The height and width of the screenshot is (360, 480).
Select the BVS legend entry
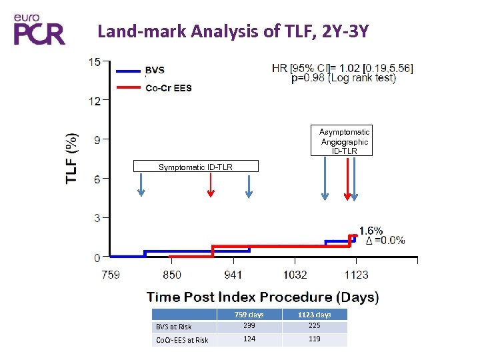pyautogui.click(x=155, y=70)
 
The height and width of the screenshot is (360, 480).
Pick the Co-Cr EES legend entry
pyautogui.click(x=168, y=88)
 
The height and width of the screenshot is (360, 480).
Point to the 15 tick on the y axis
pyautogui.click(x=95, y=62)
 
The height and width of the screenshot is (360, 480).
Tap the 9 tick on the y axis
pyautogui.click(x=97, y=139)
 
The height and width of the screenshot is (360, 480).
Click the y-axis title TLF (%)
pyautogui.click(x=71, y=159)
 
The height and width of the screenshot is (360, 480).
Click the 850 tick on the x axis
pyautogui.click(x=171, y=274)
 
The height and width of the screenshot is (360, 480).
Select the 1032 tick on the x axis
pyautogui.click(x=295, y=274)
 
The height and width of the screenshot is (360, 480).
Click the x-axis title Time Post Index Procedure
pyautogui.click(x=263, y=297)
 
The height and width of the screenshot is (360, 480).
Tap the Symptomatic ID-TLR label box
pyautogui.click(x=195, y=167)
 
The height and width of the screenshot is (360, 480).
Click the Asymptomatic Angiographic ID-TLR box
pyautogui.click(x=344, y=141)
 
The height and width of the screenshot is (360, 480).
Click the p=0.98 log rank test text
pyautogui.click(x=343, y=78)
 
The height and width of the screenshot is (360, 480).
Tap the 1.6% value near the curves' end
pyautogui.click(x=371, y=231)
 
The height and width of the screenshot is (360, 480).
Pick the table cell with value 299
pyautogui.click(x=249, y=326)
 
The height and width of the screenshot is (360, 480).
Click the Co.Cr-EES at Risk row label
pyautogui.click(x=182, y=340)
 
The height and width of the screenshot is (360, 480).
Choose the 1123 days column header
pyautogui.click(x=314, y=315)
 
